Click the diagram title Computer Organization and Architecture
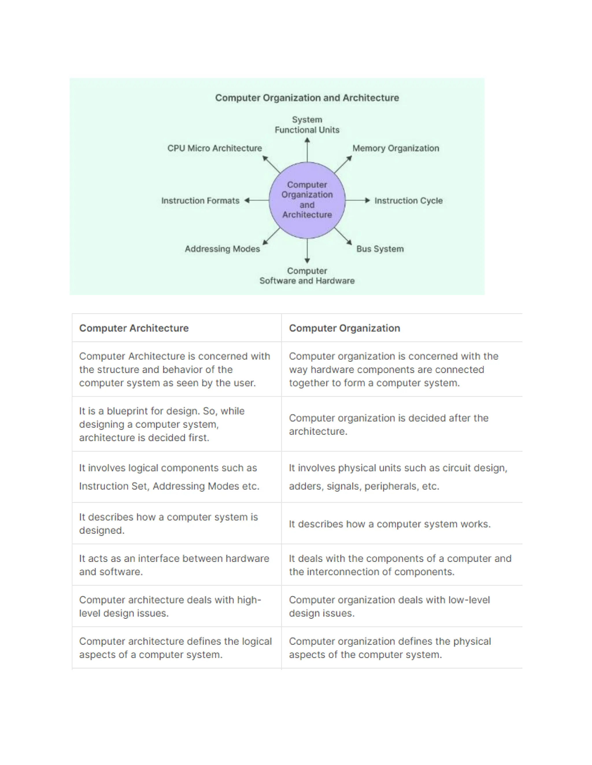(x=307, y=98)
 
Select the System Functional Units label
(x=307, y=125)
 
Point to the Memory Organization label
(x=396, y=148)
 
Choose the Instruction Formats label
(x=200, y=201)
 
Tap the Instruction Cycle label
(x=408, y=201)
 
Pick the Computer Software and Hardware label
(x=307, y=276)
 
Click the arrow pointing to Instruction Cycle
(x=358, y=200)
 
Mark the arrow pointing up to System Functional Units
(x=307, y=150)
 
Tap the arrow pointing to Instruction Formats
(x=256, y=200)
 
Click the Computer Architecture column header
(x=134, y=328)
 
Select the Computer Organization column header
(x=344, y=328)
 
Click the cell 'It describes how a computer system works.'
(x=390, y=524)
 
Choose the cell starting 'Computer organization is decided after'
(x=388, y=425)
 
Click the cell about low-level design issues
(x=389, y=606)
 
